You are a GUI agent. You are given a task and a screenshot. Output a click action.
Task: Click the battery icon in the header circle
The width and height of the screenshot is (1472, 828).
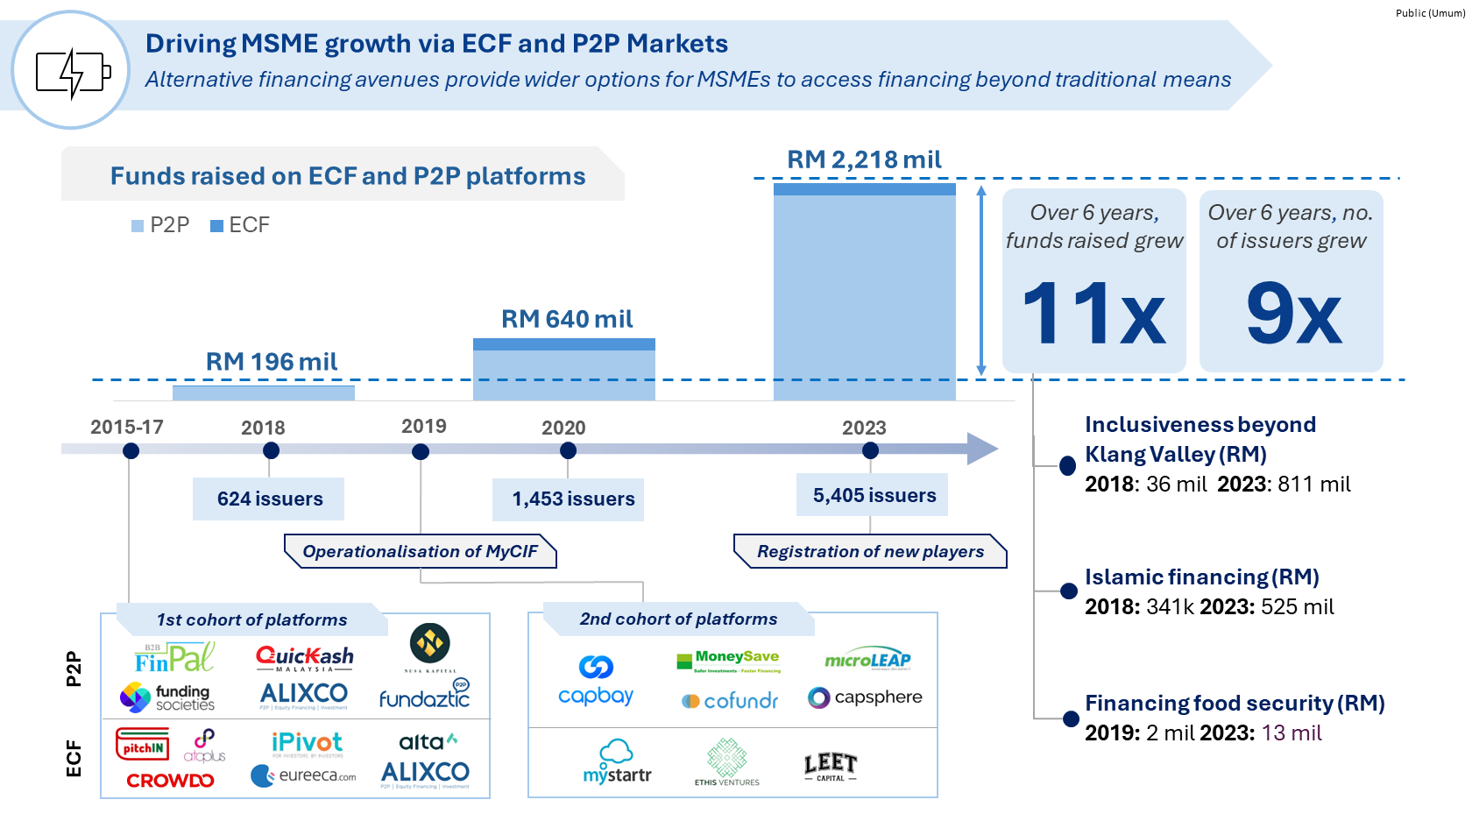pyautogui.click(x=73, y=72)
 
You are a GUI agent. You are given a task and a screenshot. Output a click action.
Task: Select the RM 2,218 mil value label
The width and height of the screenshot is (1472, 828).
pyautogui.click(x=864, y=159)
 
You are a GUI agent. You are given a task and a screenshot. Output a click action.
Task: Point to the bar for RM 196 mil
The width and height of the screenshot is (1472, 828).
pyautogui.click(x=264, y=393)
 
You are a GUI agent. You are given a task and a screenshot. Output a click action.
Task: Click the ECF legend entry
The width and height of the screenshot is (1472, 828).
pyautogui.click(x=240, y=225)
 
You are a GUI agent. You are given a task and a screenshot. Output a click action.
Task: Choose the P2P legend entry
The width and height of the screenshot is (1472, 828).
pyautogui.click(x=160, y=225)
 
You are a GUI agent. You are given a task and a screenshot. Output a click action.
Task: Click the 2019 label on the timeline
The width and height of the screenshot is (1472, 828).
pyautogui.click(x=424, y=426)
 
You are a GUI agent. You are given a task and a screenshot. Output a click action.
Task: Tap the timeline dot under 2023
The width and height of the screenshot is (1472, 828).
pyautogui.click(x=870, y=450)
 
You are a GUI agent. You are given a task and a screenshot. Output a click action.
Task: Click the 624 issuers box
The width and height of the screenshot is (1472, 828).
pyautogui.click(x=269, y=499)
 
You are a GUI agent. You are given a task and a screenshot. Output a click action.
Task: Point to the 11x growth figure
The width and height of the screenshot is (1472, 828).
pyautogui.click(x=1093, y=313)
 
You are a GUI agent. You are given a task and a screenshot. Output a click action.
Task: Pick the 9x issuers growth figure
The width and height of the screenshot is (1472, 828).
pyautogui.click(x=1293, y=313)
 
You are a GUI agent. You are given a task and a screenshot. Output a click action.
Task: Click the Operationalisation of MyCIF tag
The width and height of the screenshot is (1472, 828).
pyautogui.click(x=421, y=551)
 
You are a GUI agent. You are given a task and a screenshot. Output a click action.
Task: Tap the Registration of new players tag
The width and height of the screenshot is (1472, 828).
pyautogui.click(x=870, y=551)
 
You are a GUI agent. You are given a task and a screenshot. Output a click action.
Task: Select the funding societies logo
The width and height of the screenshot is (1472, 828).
pyautogui.click(x=167, y=697)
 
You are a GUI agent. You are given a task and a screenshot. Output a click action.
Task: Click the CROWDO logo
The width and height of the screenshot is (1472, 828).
pyautogui.click(x=170, y=780)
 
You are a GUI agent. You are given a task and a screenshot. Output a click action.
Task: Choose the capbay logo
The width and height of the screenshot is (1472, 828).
pyautogui.click(x=596, y=680)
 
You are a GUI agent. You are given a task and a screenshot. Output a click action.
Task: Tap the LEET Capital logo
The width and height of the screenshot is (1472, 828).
pyautogui.click(x=830, y=767)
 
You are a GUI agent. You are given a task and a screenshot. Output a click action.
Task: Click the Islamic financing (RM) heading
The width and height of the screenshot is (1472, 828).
pyautogui.click(x=1201, y=577)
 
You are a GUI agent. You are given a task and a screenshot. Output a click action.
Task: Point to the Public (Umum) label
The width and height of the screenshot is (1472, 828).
pyautogui.click(x=1430, y=13)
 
